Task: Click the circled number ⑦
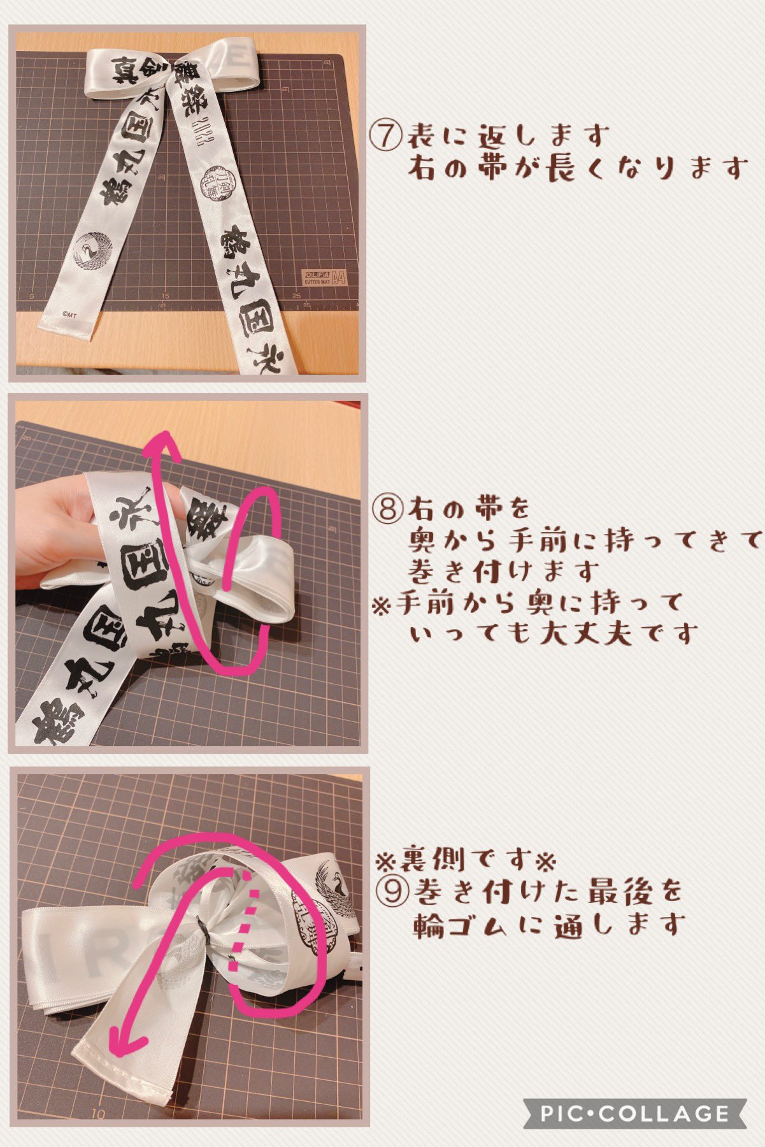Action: pos(386,136)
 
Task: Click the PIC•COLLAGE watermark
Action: pos(634,1113)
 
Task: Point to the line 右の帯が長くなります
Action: pos(576,169)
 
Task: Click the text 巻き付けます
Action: pos(503,570)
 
